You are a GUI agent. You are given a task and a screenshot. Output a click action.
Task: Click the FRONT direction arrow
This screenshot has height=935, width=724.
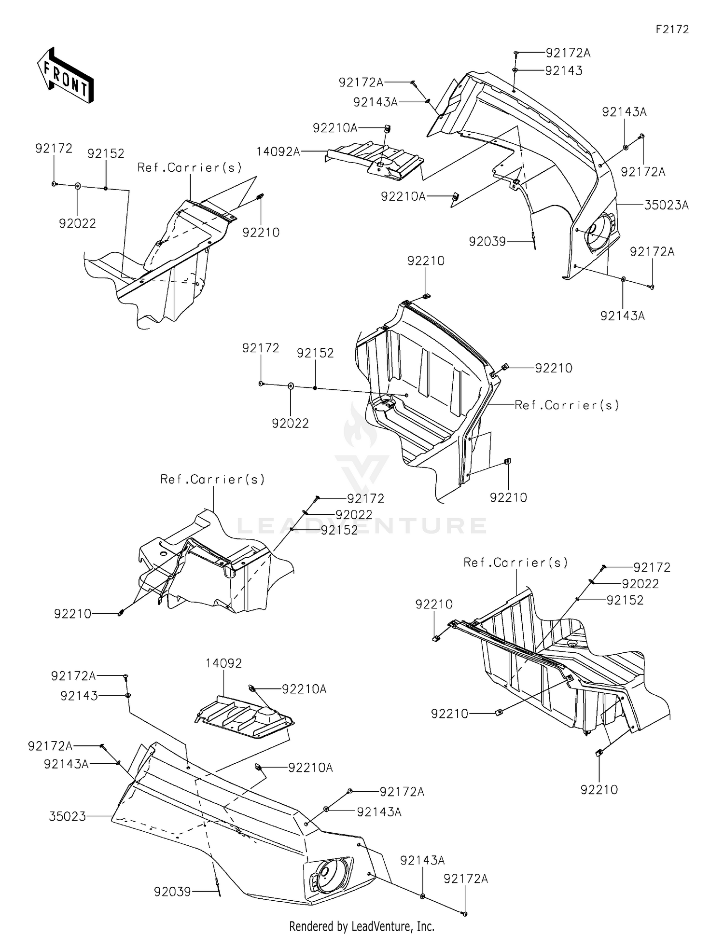coord(65,76)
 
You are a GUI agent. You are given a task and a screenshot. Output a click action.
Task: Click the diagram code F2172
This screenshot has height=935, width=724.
coord(672,29)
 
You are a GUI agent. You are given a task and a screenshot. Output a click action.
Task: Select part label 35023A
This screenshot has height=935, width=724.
coord(666,205)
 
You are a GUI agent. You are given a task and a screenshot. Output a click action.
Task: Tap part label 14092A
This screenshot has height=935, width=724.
coord(278,151)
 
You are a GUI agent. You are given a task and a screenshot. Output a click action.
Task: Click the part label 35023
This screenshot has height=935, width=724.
coord(67,816)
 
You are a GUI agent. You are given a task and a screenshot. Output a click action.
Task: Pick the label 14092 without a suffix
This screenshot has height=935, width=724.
coord(223,663)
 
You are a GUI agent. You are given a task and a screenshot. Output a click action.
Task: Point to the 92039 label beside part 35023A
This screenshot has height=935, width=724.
coord(487,241)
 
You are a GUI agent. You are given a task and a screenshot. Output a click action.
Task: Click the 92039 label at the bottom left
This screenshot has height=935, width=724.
coord(172,892)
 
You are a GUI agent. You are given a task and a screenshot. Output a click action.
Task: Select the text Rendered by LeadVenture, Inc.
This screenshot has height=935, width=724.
coord(362,926)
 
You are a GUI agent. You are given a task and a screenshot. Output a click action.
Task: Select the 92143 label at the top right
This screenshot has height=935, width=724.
coord(564,70)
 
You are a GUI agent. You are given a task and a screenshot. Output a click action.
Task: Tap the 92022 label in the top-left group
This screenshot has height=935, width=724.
coord(77,223)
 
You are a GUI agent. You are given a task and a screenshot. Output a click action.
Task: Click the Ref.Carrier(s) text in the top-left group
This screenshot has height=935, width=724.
coord(189,167)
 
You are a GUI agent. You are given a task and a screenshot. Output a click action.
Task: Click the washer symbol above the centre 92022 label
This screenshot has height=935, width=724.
coord(291,385)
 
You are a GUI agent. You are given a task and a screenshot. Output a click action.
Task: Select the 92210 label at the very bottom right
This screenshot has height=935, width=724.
coord(599,790)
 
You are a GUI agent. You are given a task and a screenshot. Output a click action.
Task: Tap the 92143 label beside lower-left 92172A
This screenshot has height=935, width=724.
coord(79,696)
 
